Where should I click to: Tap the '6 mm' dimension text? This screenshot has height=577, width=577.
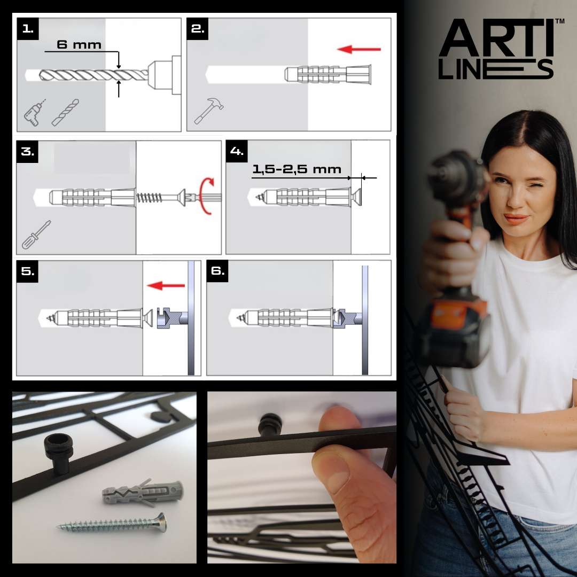tap(79, 45)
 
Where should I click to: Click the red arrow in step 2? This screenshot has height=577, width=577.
tap(359, 50)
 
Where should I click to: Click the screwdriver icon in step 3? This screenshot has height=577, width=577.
tap(36, 235)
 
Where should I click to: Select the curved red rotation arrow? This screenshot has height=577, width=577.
tap(205, 197)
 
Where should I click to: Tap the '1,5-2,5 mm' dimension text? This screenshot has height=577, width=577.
tap(297, 169)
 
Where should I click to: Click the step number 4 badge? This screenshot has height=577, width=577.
tap(237, 151)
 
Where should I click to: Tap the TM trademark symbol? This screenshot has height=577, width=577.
tap(559, 22)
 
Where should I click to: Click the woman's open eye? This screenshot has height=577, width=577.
tap(535, 187)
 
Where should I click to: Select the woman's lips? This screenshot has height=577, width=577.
tap(516, 219)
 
